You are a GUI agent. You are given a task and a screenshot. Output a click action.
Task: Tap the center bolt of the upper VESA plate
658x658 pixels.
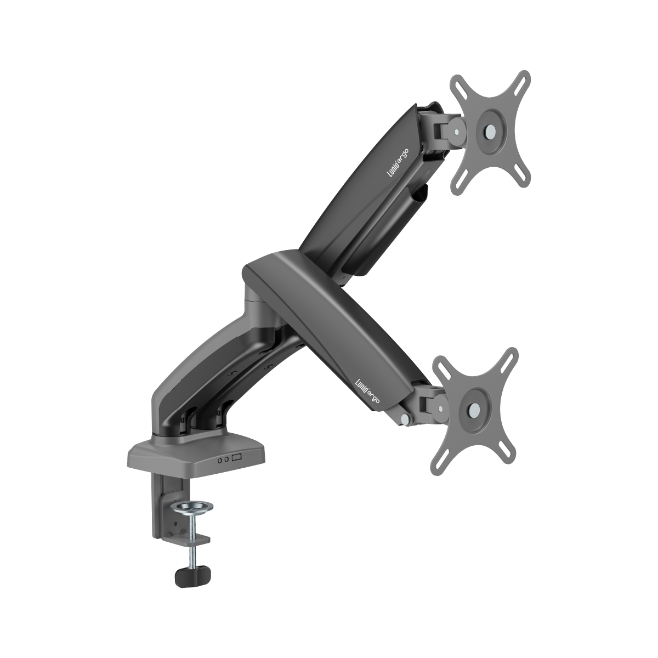[490, 132]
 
